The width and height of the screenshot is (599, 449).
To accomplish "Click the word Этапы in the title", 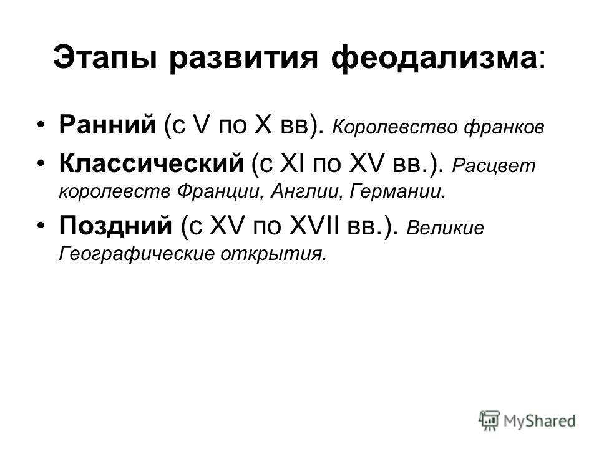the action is (x=105, y=59).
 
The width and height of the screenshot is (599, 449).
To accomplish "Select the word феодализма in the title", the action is (x=434, y=57).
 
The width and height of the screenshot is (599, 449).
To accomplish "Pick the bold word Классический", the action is (x=151, y=163).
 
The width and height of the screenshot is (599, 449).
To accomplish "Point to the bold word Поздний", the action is (x=116, y=225).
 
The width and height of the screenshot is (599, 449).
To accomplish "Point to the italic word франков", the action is (x=504, y=127).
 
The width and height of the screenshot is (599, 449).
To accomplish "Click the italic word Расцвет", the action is (x=494, y=166).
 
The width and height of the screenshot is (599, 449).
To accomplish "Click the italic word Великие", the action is (x=445, y=228).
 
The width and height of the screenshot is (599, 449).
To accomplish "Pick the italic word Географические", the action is (x=137, y=254).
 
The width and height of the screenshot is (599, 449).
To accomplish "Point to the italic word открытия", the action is (x=273, y=254).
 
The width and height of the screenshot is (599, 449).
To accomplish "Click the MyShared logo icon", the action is (x=489, y=420).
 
